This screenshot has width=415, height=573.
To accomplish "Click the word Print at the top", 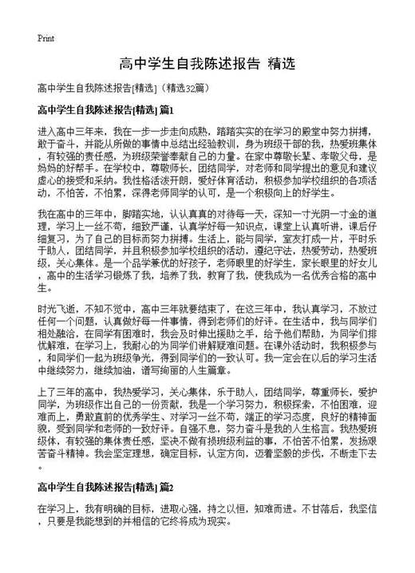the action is (x=45, y=38).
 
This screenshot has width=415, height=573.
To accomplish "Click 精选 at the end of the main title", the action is (x=284, y=63).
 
